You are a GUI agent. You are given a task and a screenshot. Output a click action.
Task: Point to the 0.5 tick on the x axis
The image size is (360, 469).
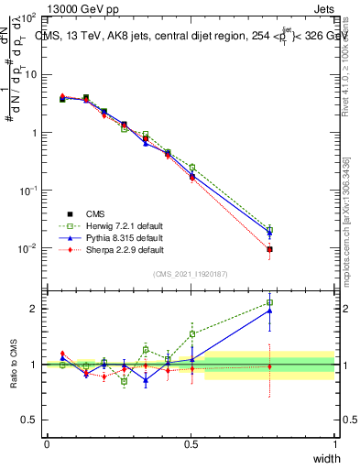coord(191,443)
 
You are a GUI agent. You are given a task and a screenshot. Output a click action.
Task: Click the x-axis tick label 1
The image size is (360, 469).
coord(335,443)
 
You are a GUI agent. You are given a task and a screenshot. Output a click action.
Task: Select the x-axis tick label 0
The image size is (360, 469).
coord(47,443)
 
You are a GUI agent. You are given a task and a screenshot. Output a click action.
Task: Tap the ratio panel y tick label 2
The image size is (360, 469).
coord(33,309)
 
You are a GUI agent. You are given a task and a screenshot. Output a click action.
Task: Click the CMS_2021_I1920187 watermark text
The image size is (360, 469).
coord(191,274)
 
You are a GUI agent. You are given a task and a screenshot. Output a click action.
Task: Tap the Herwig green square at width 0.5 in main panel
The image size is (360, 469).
coord(191,168)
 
